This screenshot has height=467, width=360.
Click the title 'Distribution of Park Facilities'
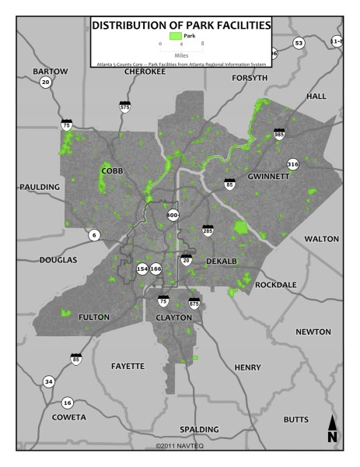click(x=181, y=26)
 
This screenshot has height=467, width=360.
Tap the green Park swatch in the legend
click(x=177, y=37)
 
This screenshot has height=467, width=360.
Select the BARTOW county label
click(x=51, y=72)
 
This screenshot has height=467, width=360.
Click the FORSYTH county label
click(x=249, y=79)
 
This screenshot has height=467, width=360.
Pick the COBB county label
click(x=114, y=170)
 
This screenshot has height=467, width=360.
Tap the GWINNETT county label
click(x=268, y=177)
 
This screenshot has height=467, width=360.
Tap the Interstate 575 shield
click(x=124, y=107)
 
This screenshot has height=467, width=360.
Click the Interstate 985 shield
click(x=279, y=135)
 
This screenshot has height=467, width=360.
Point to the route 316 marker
click(x=292, y=165)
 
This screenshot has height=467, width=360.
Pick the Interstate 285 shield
click(x=208, y=230)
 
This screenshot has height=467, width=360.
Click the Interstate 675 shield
click(x=194, y=303)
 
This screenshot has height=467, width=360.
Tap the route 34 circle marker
click(x=49, y=381)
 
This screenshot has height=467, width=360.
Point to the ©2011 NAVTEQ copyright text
click(x=180, y=446)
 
